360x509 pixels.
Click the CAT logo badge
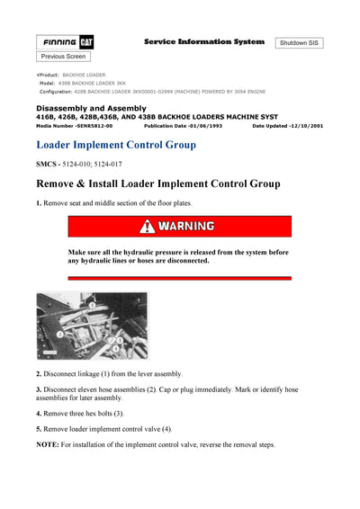tap(87, 42)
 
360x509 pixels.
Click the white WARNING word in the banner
tap(186, 227)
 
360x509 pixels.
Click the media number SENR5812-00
tap(91, 126)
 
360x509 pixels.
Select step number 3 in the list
tap(39, 388)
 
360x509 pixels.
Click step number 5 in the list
tap(39, 429)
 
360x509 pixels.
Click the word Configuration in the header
tap(57, 92)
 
